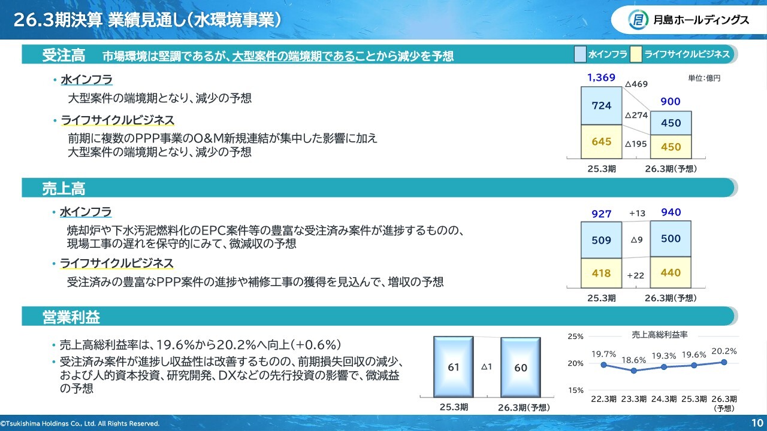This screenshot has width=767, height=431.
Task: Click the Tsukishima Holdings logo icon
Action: tap(638, 20)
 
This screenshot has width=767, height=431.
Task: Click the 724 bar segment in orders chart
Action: tap(601, 106)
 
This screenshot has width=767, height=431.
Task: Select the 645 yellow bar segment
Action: tap(601, 142)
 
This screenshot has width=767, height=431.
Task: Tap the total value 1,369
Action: tap(601, 78)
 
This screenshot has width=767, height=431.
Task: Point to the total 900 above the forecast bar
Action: tap(671, 102)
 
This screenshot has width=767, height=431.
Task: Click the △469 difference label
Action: tap(636, 84)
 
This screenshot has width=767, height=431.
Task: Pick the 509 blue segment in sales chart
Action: tap(601, 240)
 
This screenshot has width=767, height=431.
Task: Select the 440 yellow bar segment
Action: tap(671, 272)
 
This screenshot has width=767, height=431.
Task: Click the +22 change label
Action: tap(636, 275)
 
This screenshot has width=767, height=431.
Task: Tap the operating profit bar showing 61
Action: tap(454, 367)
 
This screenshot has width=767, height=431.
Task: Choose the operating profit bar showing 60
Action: tap(521, 368)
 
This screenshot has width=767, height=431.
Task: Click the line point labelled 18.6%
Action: tap(633, 371)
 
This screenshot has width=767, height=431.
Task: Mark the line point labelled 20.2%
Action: tap(724, 362)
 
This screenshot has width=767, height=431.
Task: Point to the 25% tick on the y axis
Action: tap(575, 336)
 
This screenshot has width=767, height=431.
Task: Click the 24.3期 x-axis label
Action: tap(663, 399)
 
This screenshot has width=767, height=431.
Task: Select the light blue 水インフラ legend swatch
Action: tap(580, 54)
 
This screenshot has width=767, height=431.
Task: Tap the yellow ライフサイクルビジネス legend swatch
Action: tap(636, 54)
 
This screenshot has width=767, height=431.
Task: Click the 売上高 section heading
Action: tap(64, 189)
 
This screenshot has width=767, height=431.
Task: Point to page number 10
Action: tap(757, 423)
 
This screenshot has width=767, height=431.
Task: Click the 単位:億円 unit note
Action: tap(704, 78)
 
